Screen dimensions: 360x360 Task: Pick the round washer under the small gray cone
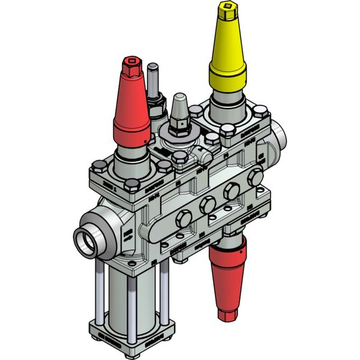point(179,135)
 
